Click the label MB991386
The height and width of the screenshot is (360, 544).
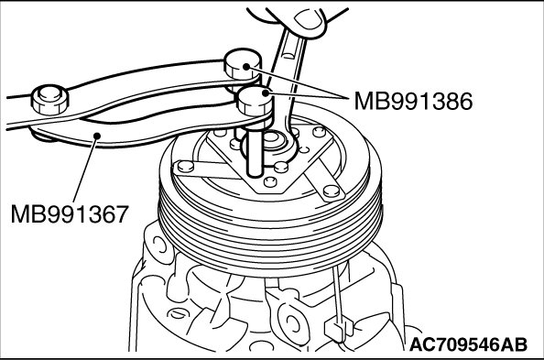pyautogui.click(x=413, y=101)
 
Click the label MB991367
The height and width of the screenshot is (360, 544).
pyautogui.click(x=70, y=213)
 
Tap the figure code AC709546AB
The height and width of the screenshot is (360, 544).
pyautogui.click(x=468, y=344)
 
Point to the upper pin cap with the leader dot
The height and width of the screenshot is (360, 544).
pyautogui.click(x=242, y=64)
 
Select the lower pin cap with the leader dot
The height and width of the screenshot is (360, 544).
pyautogui.click(x=254, y=101)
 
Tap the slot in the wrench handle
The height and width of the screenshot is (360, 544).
pyautogui.click(x=288, y=55)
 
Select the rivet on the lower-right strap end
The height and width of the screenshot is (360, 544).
pyautogui.click(x=331, y=191)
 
